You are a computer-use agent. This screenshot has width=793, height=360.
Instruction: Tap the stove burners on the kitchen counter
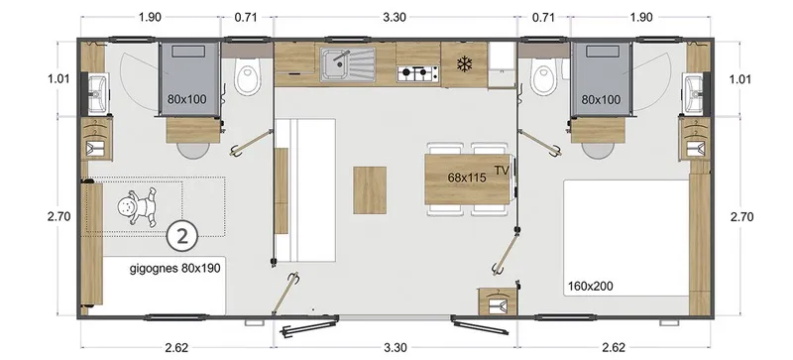417,72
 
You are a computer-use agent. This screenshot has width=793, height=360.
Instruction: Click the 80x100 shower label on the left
186,100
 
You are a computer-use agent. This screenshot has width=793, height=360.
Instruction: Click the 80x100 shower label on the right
601,100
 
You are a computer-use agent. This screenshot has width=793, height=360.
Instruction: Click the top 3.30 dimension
395,16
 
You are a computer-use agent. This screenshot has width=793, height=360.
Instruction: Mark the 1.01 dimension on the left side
45,79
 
